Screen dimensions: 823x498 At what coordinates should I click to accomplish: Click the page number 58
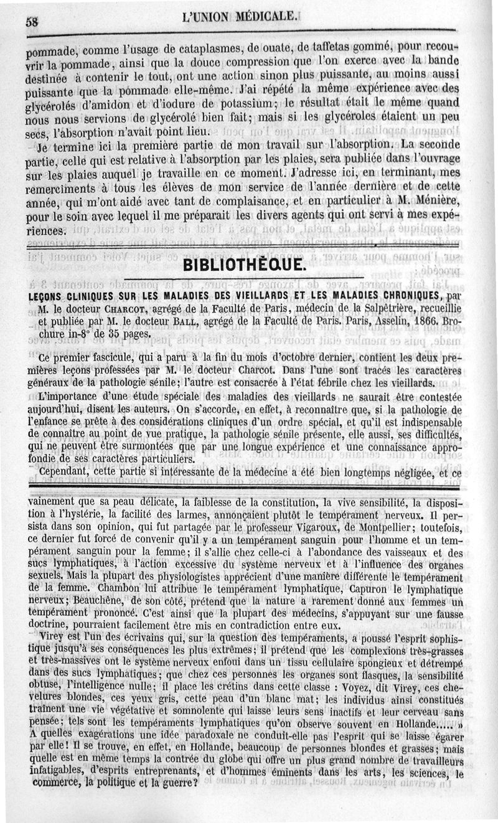click(32, 21)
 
